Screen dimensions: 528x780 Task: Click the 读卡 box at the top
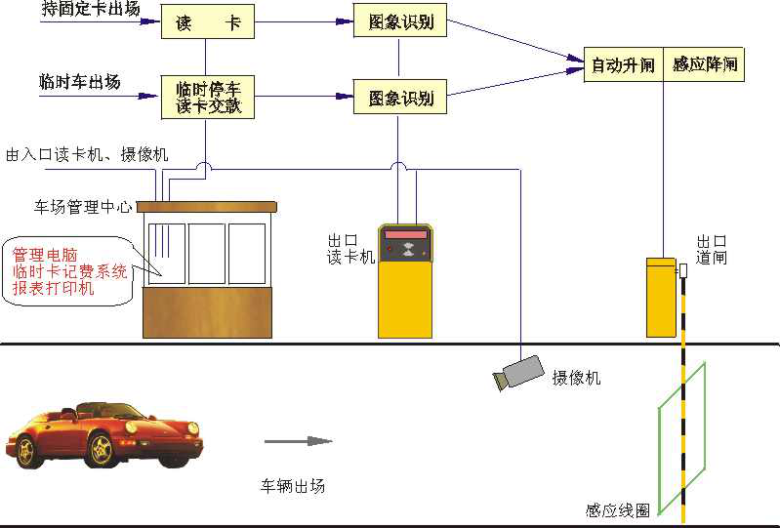(x=207, y=21)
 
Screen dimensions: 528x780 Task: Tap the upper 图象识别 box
(x=400, y=21)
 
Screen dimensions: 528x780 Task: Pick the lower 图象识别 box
(x=400, y=98)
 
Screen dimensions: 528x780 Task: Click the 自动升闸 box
(x=623, y=65)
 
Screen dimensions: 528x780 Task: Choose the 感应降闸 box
(x=704, y=65)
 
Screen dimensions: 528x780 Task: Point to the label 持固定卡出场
(x=91, y=10)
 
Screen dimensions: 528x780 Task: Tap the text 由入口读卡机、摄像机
(x=87, y=154)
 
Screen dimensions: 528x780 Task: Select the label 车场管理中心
(x=82, y=207)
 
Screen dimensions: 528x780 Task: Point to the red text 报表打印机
(x=53, y=289)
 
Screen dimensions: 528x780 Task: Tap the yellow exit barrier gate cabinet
(x=661, y=297)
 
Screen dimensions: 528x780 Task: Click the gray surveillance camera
(x=519, y=373)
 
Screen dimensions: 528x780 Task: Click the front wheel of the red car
(x=102, y=449)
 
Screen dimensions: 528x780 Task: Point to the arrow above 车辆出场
(x=299, y=441)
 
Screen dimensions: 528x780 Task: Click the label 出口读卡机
(x=350, y=248)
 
